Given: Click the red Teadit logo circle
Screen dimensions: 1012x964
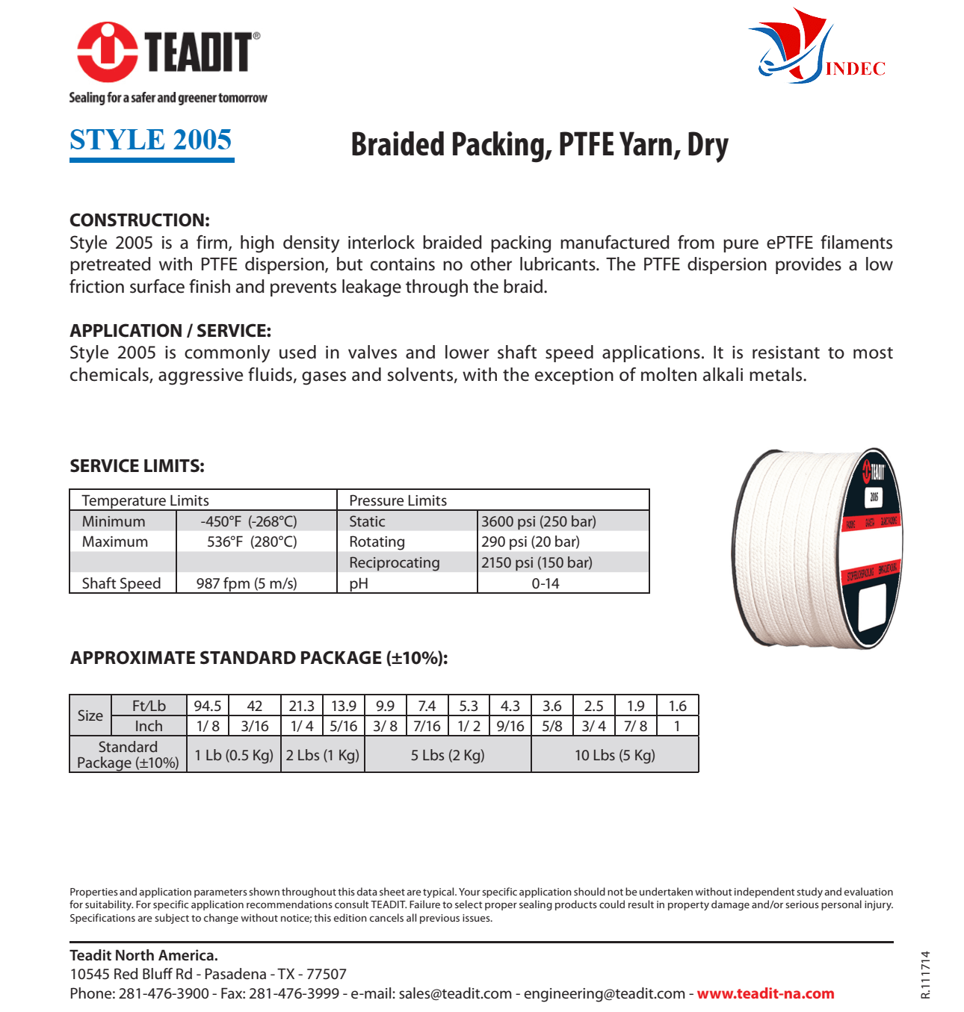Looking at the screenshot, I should click(x=108, y=52).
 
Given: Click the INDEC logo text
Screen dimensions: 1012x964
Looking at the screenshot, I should click(x=856, y=69).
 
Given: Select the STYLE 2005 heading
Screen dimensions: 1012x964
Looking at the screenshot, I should click(x=151, y=140).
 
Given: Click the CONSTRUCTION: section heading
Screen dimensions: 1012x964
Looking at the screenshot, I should click(x=140, y=220).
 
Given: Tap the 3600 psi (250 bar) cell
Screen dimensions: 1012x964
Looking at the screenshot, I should click(x=539, y=521).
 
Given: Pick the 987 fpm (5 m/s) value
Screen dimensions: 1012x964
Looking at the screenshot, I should click(x=247, y=583).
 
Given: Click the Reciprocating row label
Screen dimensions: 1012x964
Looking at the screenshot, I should click(x=395, y=562).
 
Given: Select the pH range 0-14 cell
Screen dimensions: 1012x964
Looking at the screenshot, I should click(x=546, y=583).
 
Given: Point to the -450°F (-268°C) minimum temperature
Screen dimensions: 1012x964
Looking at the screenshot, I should click(x=249, y=521).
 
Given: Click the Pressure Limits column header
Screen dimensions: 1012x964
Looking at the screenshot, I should click(x=398, y=500).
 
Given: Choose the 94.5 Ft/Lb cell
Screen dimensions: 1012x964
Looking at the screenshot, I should click(x=208, y=706).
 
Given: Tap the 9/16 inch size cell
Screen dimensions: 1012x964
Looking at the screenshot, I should click(x=510, y=726).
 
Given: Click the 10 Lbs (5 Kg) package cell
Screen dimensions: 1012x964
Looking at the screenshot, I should click(x=615, y=755).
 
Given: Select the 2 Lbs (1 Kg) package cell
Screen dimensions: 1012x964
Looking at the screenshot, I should click(x=323, y=755).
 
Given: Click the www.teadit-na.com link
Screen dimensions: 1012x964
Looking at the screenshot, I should click(x=765, y=993).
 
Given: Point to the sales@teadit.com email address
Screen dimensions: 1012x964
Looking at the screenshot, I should click(x=455, y=993).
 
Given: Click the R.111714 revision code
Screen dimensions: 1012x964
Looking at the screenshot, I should click(x=926, y=975).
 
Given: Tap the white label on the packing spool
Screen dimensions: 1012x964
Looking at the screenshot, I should click(x=872, y=606).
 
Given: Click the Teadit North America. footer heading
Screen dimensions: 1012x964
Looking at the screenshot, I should click(x=143, y=955).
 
